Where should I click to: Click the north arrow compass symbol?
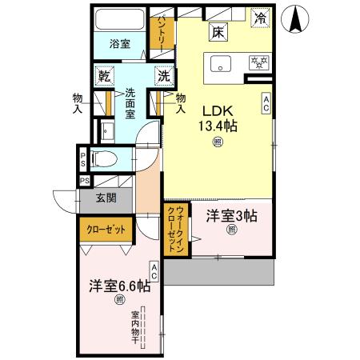click(297, 19)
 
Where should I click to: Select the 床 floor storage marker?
click(218, 33)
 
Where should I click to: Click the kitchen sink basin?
click(219, 63)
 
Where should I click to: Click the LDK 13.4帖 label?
click(216, 117)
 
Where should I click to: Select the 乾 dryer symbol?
click(104, 77)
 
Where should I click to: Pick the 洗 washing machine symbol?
click(162, 77)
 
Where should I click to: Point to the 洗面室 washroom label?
click(130, 104)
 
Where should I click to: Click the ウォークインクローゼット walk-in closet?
click(174, 230)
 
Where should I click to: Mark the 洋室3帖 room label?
click(231, 214)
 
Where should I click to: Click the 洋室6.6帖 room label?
click(120, 284)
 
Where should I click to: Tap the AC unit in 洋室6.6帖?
click(152, 272)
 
